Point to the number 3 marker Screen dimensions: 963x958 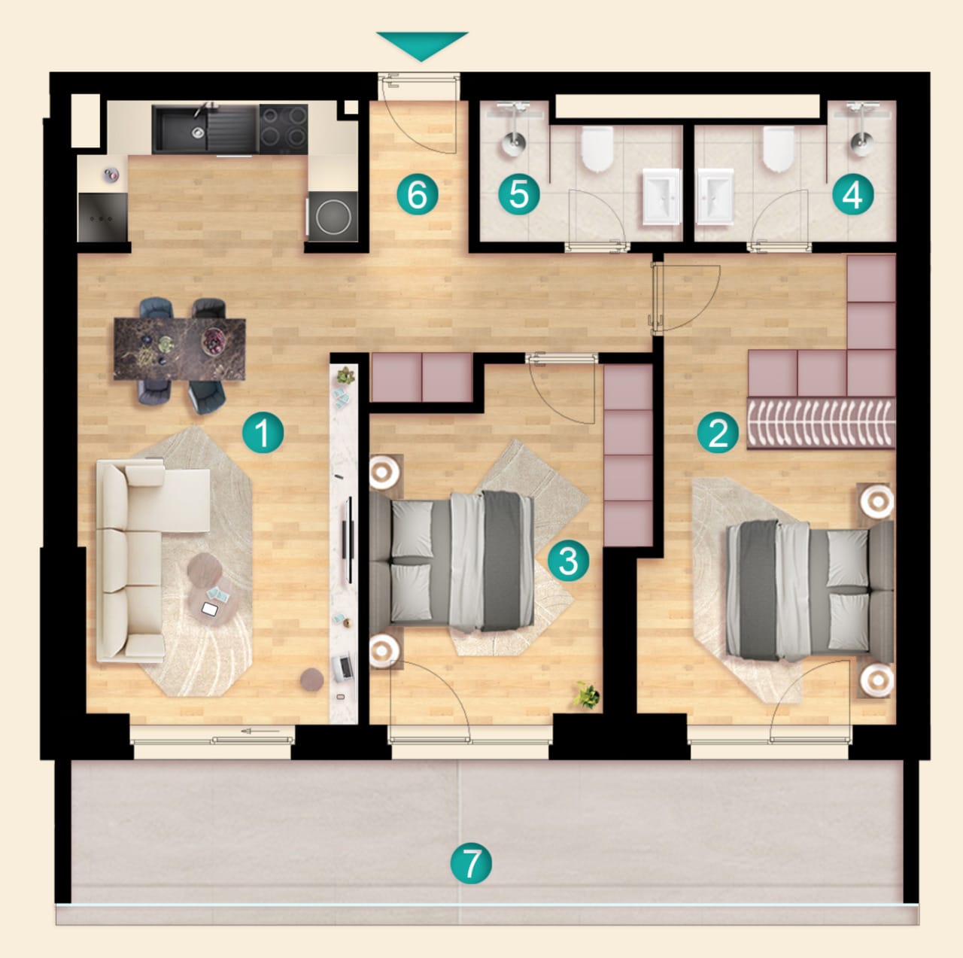(x=568, y=560)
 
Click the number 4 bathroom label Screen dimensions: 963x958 (x=852, y=194)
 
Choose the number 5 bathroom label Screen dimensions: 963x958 (x=519, y=194)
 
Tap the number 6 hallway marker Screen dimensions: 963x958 (x=418, y=194)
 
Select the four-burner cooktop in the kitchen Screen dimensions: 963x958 (x=284, y=129)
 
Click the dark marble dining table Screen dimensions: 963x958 (x=180, y=349)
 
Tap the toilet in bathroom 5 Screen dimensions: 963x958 (x=597, y=148)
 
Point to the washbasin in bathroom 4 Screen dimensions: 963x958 (x=715, y=196)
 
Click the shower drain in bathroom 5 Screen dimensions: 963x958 (x=514, y=142)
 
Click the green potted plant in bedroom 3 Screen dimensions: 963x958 (x=587, y=695)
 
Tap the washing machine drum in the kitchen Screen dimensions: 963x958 (x=333, y=216)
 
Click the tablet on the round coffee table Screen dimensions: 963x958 (x=209, y=609)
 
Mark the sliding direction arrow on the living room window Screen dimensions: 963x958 (x=260, y=731)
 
